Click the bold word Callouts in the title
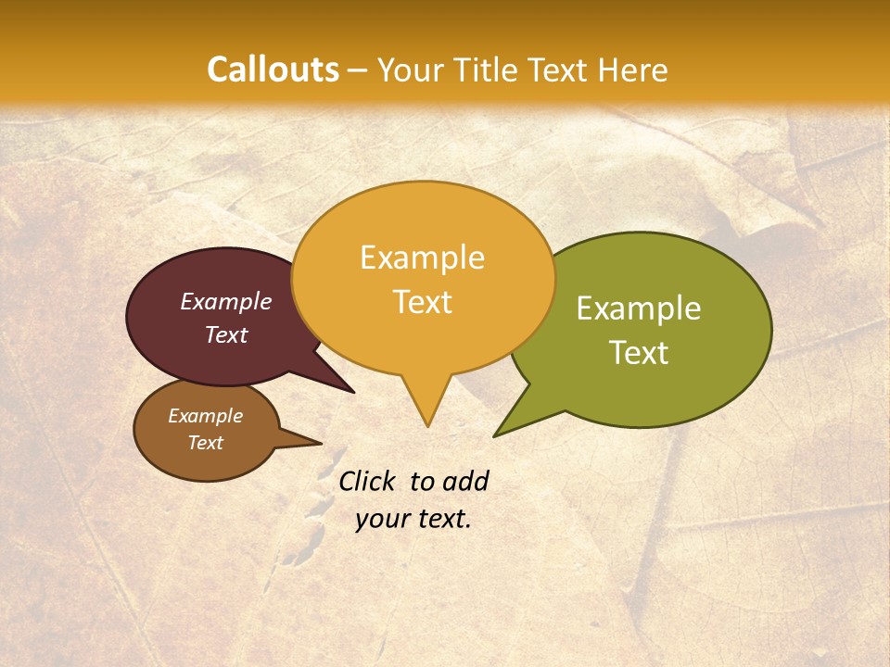click(x=273, y=69)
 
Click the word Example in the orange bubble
click(x=422, y=258)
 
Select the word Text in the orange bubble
click(x=422, y=302)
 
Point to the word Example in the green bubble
click(x=639, y=308)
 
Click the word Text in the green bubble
click(x=639, y=353)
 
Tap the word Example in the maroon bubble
click(x=225, y=301)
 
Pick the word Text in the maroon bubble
click(x=225, y=334)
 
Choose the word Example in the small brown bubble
click(x=205, y=416)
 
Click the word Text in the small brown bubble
click(x=205, y=443)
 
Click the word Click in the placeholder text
click(x=368, y=481)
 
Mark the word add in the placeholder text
click(x=465, y=481)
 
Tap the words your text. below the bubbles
click(x=413, y=519)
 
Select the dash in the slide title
click(x=358, y=70)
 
